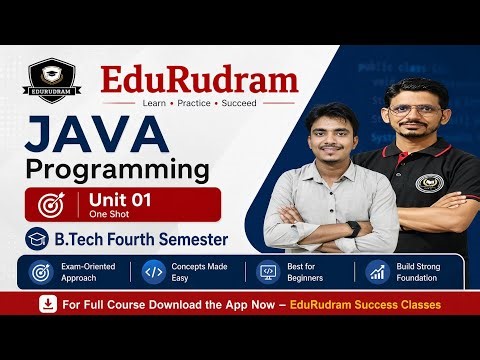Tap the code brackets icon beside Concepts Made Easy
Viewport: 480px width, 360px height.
(154, 272)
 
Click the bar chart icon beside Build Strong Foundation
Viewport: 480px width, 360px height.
(377, 272)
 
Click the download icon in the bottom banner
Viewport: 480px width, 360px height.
(45, 303)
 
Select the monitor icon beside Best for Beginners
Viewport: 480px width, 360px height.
(267, 272)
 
